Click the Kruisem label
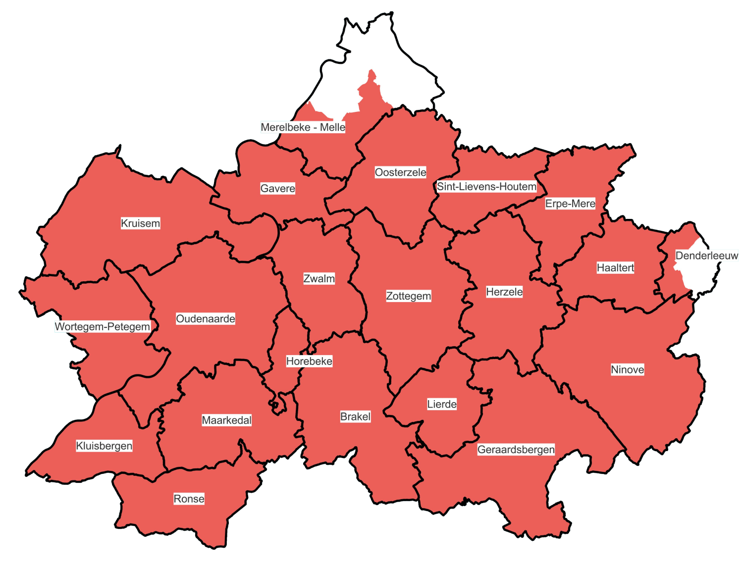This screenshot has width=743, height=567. pos(141,223)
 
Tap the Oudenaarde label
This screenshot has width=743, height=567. pos(206,319)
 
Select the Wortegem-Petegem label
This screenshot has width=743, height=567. pos(102,327)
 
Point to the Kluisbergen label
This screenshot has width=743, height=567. pos(104,446)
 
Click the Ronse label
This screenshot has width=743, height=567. pos(189,499)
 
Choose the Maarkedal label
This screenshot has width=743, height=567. pos(226,420)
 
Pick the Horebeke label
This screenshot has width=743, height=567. pos(309,361)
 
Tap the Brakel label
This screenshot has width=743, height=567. pos(355,417)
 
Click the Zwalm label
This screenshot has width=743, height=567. pos(319,279)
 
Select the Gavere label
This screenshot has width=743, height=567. pos(277,189)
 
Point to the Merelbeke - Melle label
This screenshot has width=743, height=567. pos(303,127)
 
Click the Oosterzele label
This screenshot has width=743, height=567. pos(400,172)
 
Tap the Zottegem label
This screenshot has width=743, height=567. pos(408,296)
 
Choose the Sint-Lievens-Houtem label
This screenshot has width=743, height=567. pos(486,187)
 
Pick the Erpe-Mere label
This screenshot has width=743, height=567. pos(570,204)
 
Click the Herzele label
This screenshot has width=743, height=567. pos(504,292)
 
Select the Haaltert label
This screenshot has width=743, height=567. pos(615,268)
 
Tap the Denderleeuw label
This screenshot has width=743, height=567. pos(707,256)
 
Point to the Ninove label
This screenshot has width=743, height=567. pos(627,370)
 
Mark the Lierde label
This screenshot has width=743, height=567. pos(442,405)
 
